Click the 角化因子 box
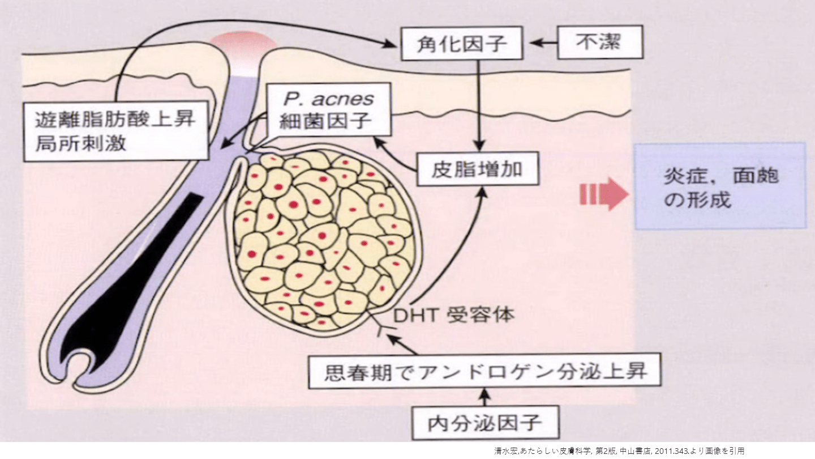(461, 43)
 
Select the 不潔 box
(600, 42)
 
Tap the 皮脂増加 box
(477, 168)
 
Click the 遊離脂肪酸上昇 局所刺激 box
(115, 131)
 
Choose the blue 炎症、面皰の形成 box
(720, 185)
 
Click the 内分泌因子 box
(485, 422)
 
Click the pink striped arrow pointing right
(603, 194)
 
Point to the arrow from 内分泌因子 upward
(484, 396)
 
